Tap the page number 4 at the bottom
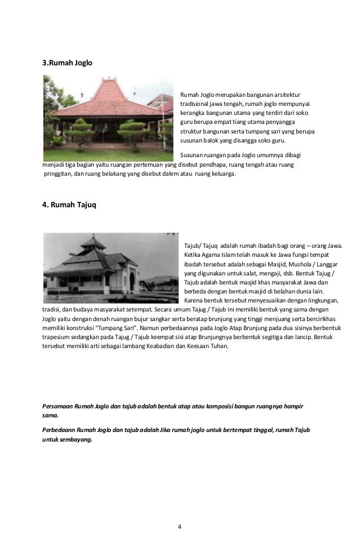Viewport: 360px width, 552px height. [179, 527]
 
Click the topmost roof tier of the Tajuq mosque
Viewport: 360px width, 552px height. [91, 240]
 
